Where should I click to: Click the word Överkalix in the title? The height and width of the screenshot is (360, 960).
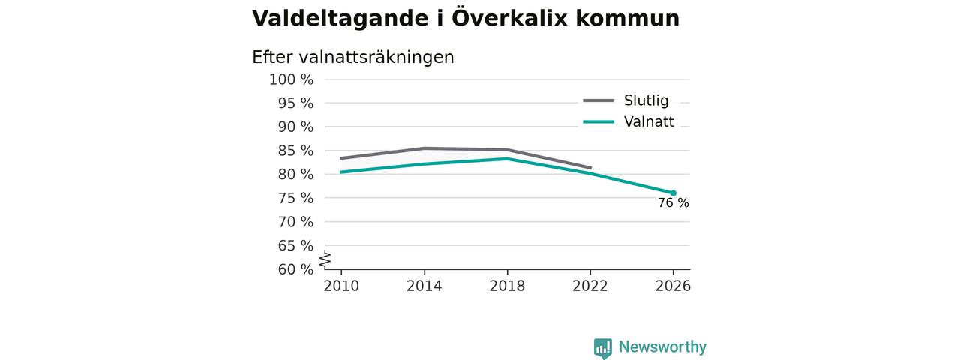pyautogui.click(x=509, y=18)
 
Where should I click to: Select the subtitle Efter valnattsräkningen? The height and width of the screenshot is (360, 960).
pyautogui.click(x=352, y=58)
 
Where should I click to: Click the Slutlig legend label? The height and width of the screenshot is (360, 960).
pyautogui.click(x=646, y=100)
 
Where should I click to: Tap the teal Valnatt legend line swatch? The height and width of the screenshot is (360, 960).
pyautogui.click(x=598, y=121)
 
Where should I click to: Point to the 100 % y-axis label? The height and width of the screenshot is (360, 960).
pyautogui.click(x=292, y=79)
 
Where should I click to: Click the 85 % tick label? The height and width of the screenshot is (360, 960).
pyautogui.click(x=295, y=151)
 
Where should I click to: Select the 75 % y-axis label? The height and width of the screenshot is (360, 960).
pyautogui.click(x=295, y=199)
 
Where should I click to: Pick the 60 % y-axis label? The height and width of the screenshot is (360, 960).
pyautogui.click(x=295, y=269)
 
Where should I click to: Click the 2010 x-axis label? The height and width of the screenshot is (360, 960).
pyautogui.click(x=341, y=286)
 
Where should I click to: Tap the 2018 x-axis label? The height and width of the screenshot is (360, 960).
pyautogui.click(x=507, y=286)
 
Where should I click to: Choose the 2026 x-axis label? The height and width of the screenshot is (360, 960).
pyautogui.click(x=673, y=286)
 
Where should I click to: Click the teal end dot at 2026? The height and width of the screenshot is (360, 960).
pyautogui.click(x=673, y=193)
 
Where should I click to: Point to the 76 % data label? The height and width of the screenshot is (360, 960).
pyautogui.click(x=673, y=203)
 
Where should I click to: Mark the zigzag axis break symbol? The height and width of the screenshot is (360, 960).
pyautogui.click(x=325, y=259)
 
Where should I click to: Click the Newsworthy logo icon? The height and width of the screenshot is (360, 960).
pyautogui.click(x=602, y=348)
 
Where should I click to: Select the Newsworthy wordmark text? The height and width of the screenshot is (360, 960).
pyautogui.click(x=662, y=346)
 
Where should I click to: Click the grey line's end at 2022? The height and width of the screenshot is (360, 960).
pyautogui.click(x=591, y=168)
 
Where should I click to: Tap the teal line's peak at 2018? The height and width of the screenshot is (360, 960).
pyautogui.click(x=507, y=159)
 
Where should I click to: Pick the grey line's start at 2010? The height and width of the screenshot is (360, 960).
pyautogui.click(x=340, y=158)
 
